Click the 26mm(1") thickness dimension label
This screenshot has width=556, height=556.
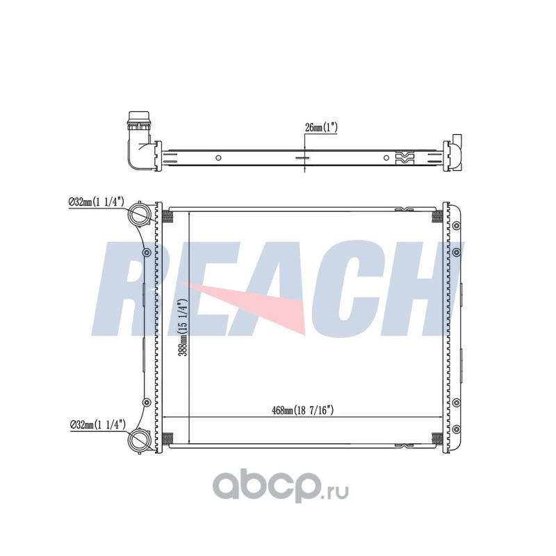(321, 127)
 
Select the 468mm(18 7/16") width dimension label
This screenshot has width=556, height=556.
(302, 410)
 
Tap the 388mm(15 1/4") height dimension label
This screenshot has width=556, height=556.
(183, 327)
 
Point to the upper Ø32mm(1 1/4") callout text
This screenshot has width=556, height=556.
(96, 202)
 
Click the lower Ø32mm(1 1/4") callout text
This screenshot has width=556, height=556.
(98, 424)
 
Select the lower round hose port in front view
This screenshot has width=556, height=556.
(139, 440)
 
